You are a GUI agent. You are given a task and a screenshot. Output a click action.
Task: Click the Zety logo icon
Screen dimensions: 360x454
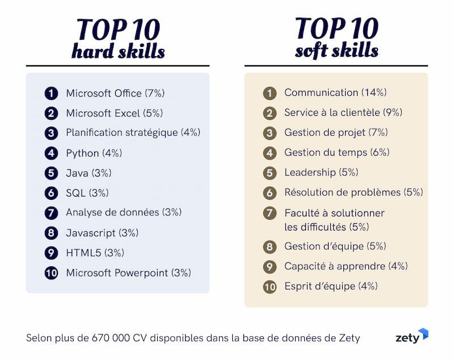(422, 334)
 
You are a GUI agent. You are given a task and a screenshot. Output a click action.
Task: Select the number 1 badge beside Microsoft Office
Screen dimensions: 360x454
(52, 93)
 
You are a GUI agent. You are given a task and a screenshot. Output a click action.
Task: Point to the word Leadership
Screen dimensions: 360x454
(310, 173)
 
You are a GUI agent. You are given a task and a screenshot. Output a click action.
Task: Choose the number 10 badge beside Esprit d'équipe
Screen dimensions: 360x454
(270, 287)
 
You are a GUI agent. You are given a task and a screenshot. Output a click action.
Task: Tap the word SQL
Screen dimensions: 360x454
(75, 194)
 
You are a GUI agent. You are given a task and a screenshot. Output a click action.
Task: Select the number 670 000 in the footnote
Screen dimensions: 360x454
(111, 338)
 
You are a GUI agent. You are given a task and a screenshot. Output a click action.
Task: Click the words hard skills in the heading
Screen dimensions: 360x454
(118, 52)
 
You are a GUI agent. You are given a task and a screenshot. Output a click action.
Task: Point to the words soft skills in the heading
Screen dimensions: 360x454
(337, 51)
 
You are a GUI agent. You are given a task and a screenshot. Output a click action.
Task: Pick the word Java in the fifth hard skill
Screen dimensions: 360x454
(77, 173)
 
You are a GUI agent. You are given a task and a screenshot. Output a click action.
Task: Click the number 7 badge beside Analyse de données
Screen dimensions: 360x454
(52, 213)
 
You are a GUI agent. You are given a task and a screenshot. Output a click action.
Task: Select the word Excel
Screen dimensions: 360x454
(127, 113)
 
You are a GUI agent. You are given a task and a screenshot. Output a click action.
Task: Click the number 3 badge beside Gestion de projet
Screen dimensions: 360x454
(270, 133)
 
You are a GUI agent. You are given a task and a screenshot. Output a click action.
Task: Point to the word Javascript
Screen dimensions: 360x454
(91, 233)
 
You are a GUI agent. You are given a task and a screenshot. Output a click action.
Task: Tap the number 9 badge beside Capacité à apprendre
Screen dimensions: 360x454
(270, 267)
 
